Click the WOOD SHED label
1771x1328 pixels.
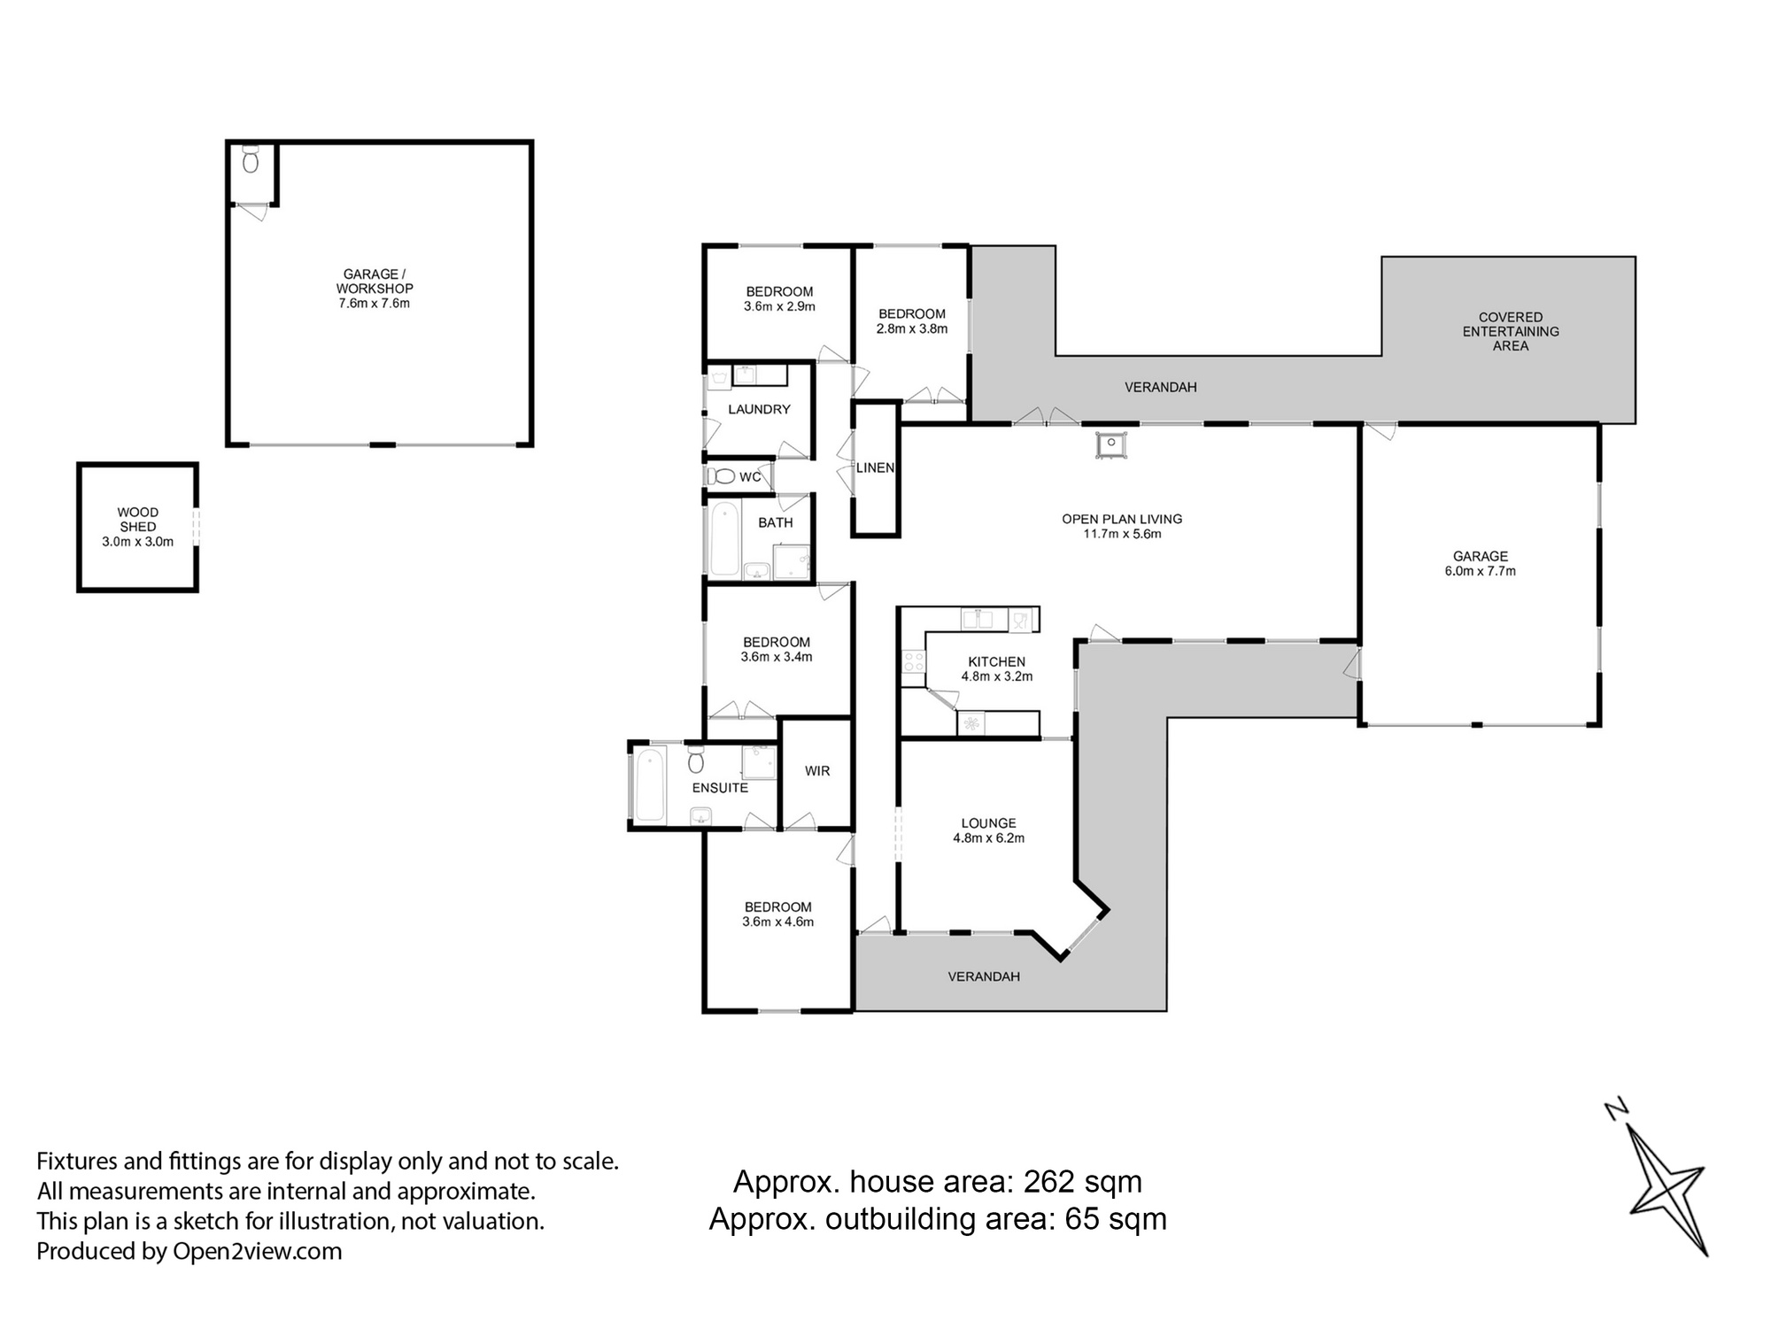pyautogui.click(x=138, y=519)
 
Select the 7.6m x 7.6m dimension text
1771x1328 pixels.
pyautogui.click(x=374, y=304)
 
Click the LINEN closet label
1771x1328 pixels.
pyautogui.click(x=875, y=467)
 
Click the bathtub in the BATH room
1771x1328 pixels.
pyautogui.click(x=724, y=537)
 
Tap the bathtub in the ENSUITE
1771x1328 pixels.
pyautogui.click(x=650, y=784)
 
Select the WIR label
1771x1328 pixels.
pyautogui.click(x=816, y=771)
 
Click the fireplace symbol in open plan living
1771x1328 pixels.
pyautogui.click(x=1110, y=444)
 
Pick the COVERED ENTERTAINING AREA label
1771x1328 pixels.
pyautogui.click(x=1510, y=331)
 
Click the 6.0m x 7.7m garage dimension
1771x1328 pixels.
pyautogui.click(x=1480, y=571)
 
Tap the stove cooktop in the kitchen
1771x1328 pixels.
pyautogui.click(x=913, y=661)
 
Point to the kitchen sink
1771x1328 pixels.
pyautogui.click(x=978, y=619)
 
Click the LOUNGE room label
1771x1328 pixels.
pyautogui.click(x=988, y=822)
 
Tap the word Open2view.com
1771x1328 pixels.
pyautogui.click(x=257, y=1251)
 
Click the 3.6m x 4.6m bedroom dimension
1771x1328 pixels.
pyautogui.click(x=777, y=922)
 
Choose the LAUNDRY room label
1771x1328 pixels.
pyautogui.click(x=759, y=409)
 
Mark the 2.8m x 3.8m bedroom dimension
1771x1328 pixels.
pyautogui.click(x=911, y=328)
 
